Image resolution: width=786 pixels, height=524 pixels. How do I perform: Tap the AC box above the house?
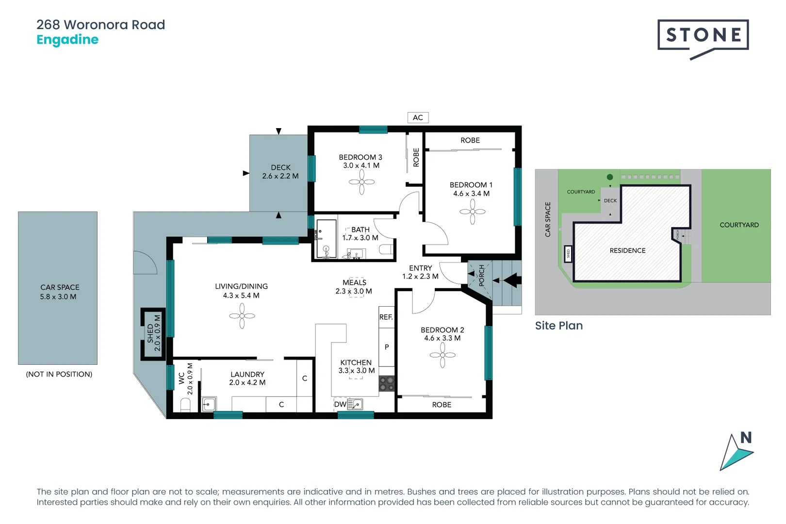pos(418,117)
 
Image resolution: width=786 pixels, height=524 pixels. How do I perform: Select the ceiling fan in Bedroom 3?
pos(361,182)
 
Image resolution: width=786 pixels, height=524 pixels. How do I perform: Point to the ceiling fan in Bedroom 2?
pos(442,355)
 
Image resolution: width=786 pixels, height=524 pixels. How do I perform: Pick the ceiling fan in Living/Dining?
pos(242,316)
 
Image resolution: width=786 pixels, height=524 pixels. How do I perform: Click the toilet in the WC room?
pos(185,404)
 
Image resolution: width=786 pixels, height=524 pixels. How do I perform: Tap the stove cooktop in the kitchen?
pos(387,383)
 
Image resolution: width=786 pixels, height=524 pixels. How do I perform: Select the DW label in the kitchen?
pos(340,404)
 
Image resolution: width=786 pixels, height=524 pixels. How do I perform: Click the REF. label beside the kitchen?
pos(386,317)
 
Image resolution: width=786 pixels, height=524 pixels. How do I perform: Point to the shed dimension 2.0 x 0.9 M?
pos(157,333)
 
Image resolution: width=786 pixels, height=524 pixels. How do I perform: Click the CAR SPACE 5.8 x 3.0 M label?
pos(59,292)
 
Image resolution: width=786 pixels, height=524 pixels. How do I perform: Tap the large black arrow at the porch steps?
pos(512,280)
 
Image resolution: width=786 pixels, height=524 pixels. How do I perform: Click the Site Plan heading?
pos(558,326)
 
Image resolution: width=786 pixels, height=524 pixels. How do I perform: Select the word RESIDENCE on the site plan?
pos(627,250)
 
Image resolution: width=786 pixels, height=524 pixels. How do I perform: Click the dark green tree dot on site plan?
pos(610,177)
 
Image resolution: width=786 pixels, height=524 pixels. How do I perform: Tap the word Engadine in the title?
pos(67,40)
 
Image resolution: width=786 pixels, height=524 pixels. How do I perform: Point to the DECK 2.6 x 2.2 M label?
pos(280,172)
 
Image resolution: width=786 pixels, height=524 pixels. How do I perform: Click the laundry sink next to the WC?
pos(209,404)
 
